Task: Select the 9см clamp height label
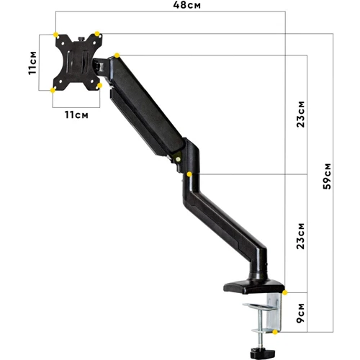(300, 312)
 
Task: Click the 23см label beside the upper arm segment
(300, 113)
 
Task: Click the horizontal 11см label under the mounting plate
(76, 114)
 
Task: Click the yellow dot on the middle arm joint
(189, 174)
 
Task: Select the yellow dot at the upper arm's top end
(117, 55)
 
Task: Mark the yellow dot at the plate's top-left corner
(55, 33)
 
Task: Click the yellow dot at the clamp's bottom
(276, 332)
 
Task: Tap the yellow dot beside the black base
(285, 292)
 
